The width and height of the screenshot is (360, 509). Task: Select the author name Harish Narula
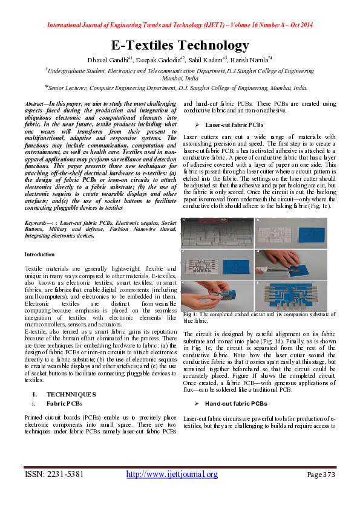pos(250,59)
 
